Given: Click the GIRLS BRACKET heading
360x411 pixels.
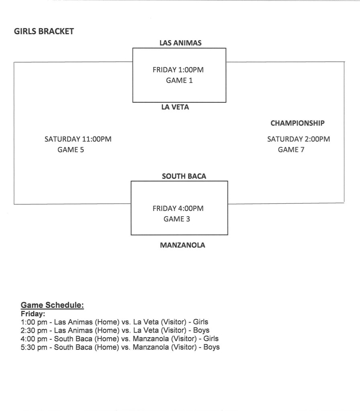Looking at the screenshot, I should pyautogui.click(x=44, y=31).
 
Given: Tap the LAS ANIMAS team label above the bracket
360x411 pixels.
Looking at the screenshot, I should pyautogui.click(x=180, y=43).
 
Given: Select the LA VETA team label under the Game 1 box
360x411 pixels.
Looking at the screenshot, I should pyautogui.click(x=175, y=107).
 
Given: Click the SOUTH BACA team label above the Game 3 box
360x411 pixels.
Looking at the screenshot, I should pyautogui.click(x=184, y=176).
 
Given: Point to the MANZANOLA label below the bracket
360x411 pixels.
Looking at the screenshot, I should pyautogui.click(x=182, y=245).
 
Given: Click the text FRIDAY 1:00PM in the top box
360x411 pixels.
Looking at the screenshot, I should pyautogui.click(x=178, y=70).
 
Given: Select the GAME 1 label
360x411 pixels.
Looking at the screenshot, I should pyautogui.click(x=179, y=80).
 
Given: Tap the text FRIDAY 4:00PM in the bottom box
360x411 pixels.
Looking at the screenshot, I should pyautogui.click(x=178, y=209).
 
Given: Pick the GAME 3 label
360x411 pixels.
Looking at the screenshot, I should pyautogui.click(x=177, y=219).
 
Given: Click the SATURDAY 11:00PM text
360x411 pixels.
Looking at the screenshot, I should pyautogui.click(x=78, y=139).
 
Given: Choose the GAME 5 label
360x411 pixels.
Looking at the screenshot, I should pyautogui.click(x=72, y=150).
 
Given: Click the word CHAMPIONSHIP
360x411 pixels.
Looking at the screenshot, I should pyautogui.click(x=297, y=123).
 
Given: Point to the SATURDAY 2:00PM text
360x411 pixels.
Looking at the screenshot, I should pyautogui.click(x=299, y=139).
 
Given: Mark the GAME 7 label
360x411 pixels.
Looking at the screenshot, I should pyautogui.click(x=291, y=150).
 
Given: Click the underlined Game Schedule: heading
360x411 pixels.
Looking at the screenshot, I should pyautogui.click(x=52, y=305).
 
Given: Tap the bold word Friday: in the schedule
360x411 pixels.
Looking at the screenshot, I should pyautogui.click(x=33, y=313).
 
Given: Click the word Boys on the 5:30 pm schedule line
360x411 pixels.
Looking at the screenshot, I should pyautogui.click(x=211, y=347).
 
